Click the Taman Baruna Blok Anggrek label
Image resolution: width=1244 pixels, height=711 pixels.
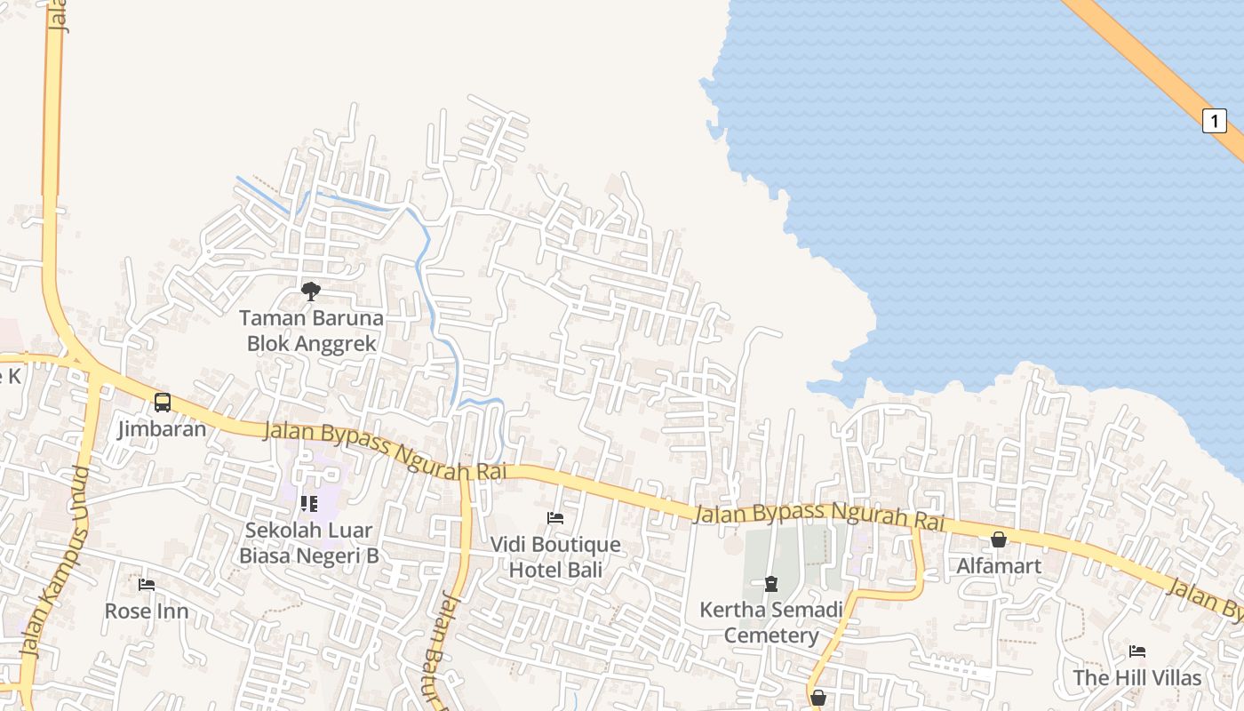311,331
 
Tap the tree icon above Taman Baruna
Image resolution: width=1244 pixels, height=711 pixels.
311,291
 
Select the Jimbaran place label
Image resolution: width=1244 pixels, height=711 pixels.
162,429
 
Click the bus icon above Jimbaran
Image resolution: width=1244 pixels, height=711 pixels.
163,403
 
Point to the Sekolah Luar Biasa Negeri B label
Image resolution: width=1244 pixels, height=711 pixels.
309,543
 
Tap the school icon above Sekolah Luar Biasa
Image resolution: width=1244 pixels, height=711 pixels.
309,504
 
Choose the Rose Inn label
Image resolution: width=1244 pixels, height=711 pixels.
147,611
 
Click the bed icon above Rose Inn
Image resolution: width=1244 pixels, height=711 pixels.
147,585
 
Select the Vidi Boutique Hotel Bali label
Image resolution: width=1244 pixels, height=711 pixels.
556,557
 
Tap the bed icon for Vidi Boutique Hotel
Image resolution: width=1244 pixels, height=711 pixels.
555,517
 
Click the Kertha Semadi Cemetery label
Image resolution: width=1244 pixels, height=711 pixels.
771,623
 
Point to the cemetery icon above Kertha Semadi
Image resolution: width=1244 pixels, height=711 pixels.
771,584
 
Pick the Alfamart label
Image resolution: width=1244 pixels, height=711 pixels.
999,565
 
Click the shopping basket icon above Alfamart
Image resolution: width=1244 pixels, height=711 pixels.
999,539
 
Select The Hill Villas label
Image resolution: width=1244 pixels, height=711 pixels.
1136,678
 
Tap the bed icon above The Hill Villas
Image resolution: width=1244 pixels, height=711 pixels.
1136,651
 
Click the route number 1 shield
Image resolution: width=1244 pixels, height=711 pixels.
1214,120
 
